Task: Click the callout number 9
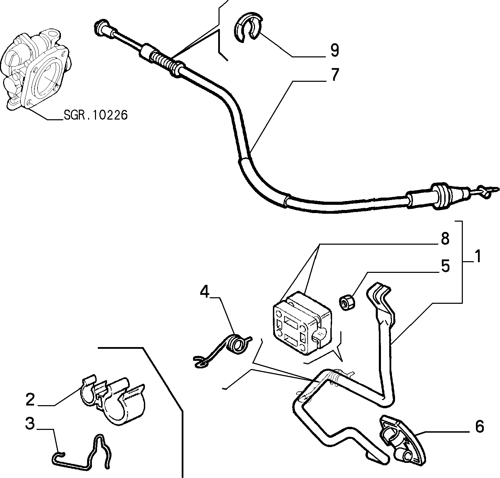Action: pos(334,50)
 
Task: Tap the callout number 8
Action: pos(445,238)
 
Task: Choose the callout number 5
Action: pos(445,266)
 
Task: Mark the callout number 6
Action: pos(479,427)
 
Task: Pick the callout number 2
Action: pos(30,400)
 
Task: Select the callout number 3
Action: pos(30,423)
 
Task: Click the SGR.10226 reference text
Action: pos(95,115)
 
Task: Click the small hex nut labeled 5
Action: pos(347,302)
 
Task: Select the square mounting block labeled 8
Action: pos(302,323)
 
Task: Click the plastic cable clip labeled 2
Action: pos(113,400)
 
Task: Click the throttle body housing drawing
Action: pos(36,72)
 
